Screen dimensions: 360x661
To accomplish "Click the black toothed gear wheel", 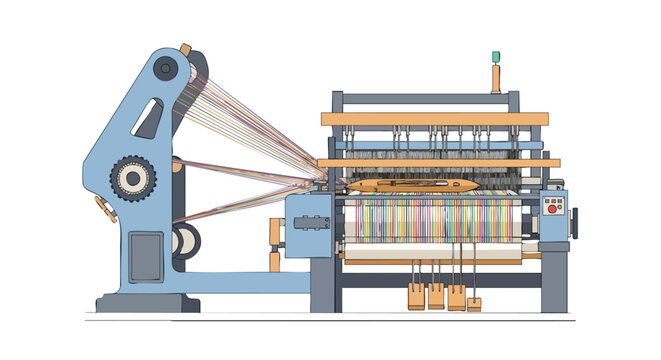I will pos(132,179).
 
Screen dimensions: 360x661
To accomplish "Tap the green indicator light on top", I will pos(495,57).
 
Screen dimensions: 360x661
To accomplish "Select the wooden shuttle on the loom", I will pos(412,185).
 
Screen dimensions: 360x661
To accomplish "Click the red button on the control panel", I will pos(552,213).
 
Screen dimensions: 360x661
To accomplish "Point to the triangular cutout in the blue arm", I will pos(150,119).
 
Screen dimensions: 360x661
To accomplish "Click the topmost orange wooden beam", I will pos(434,119).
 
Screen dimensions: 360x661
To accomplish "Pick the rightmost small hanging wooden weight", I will pos(474,304).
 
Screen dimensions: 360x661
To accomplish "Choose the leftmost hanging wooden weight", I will pos(415,296).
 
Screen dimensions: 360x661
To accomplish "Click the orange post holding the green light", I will pos(495,80).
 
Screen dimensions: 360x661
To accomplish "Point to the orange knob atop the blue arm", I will pos(185,48).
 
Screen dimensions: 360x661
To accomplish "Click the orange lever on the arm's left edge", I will pos(104,208).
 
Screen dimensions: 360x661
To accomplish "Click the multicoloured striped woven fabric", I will pos(430,220).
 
